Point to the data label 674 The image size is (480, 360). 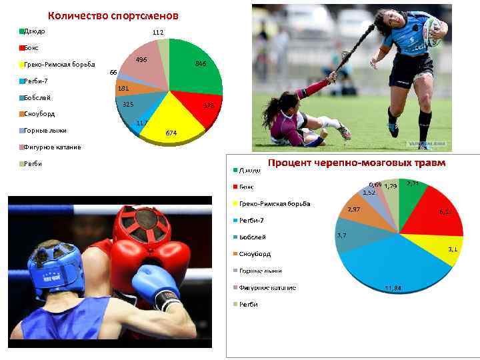click(171, 133)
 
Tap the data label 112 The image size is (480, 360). click(157, 33)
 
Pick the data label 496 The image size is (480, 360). click(141, 60)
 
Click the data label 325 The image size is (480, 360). click(128, 105)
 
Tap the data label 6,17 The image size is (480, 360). click(445, 212)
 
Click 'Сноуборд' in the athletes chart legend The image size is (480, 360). click(41, 114)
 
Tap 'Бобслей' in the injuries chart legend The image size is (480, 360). click(252, 237)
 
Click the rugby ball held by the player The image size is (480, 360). click(435, 28)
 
